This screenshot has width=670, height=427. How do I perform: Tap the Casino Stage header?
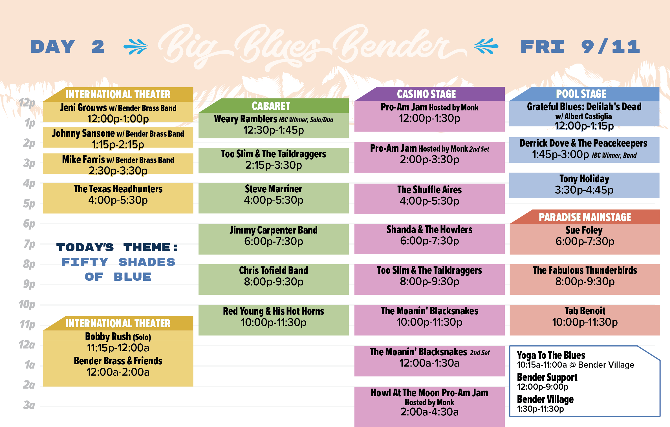coord(429,94)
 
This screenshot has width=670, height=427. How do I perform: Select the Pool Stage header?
coord(584,94)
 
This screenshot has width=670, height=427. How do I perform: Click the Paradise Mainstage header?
coord(585,217)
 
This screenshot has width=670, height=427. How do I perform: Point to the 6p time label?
coord(29,224)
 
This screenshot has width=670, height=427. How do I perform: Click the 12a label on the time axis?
coord(27,345)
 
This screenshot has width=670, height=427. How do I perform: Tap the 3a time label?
coord(29,405)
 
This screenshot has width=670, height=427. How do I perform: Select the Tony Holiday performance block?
coord(584,185)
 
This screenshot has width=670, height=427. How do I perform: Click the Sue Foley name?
coord(584,230)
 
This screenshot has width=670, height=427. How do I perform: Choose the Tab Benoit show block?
coord(585,320)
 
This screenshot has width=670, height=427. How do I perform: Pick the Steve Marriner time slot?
coord(274,200)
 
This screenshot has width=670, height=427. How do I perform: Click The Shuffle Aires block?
coord(429,199)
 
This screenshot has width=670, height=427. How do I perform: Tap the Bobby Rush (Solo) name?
coord(118,337)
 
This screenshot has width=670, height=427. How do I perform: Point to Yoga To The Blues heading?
coord(551,355)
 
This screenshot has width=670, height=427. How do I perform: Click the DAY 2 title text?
coord(67,47)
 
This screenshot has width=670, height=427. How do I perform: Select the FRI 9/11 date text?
coord(580,47)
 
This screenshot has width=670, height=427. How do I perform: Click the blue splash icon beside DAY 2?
coord(136,46)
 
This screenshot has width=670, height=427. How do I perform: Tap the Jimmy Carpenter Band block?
coord(274,239)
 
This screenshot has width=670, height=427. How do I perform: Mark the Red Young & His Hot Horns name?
coord(274,311)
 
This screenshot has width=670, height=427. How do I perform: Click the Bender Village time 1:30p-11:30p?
coord(540,409)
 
